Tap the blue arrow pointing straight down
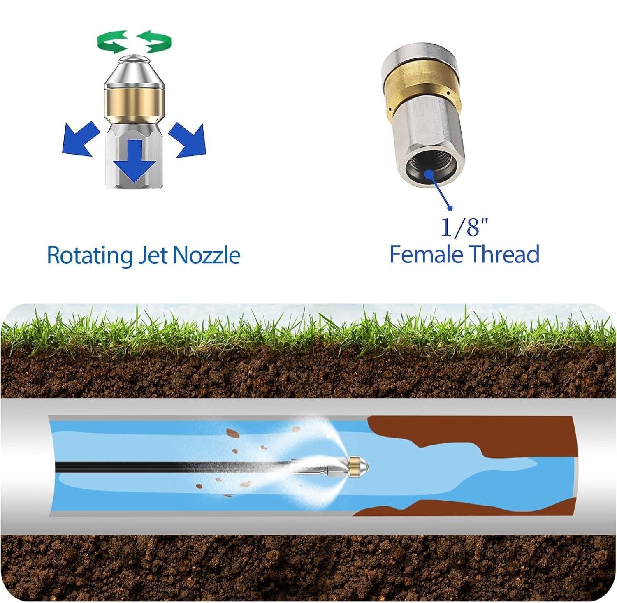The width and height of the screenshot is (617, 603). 135,160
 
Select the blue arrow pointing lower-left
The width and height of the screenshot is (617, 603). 80,139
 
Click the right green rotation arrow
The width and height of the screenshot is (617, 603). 155,41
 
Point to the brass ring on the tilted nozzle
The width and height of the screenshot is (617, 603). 422,91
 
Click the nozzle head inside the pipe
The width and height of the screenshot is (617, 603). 358,466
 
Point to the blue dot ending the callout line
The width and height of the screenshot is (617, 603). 450,208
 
